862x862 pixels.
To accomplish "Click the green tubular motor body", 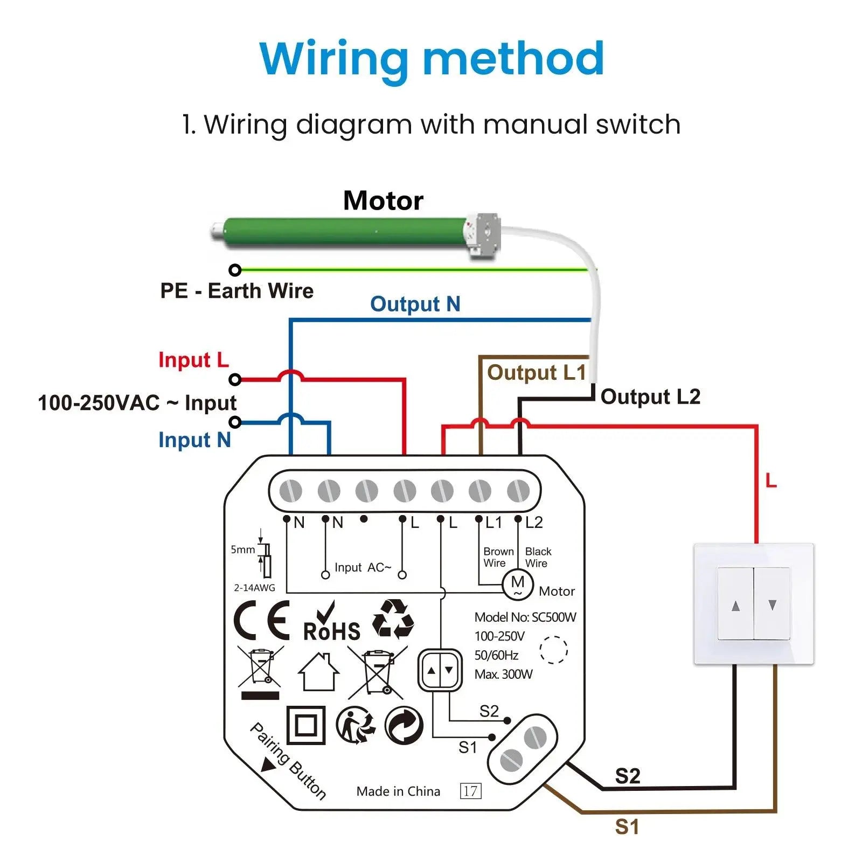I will (x=345, y=233).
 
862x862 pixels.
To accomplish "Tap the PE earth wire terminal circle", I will (x=235, y=270).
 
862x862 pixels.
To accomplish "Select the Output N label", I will (x=415, y=304).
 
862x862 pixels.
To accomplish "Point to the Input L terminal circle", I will (x=235, y=380).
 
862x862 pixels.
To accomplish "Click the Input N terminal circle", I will (x=235, y=422).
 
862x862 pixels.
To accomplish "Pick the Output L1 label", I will (x=536, y=373).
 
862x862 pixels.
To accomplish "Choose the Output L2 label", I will (x=650, y=397).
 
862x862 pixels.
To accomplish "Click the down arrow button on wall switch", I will (x=773, y=604).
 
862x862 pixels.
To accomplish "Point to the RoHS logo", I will (x=331, y=623).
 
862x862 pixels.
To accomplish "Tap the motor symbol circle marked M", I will (x=517, y=585).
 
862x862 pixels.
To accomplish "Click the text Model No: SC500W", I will (x=525, y=617).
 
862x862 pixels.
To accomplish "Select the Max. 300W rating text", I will (x=503, y=675).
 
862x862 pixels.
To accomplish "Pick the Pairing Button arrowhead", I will (x=268, y=764).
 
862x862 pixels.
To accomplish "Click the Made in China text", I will (x=398, y=791).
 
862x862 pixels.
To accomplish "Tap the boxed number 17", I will (x=470, y=791).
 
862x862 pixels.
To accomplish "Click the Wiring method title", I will (x=432, y=58).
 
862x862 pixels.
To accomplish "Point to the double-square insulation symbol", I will (x=305, y=725).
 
